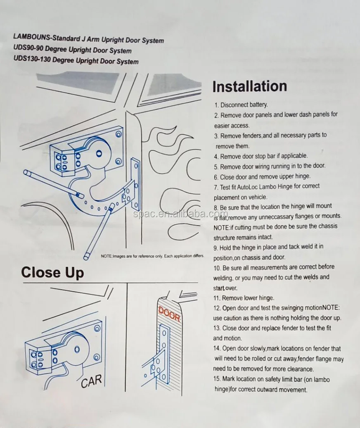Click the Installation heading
tap(249, 86)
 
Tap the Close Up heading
tap(52, 273)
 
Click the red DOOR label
tap(169, 314)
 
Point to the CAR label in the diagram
tap(91, 381)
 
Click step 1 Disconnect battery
tap(241, 105)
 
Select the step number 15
tap(217, 379)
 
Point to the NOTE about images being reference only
tap(152, 256)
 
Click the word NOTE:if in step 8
tap(223, 227)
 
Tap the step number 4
tap(216, 157)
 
